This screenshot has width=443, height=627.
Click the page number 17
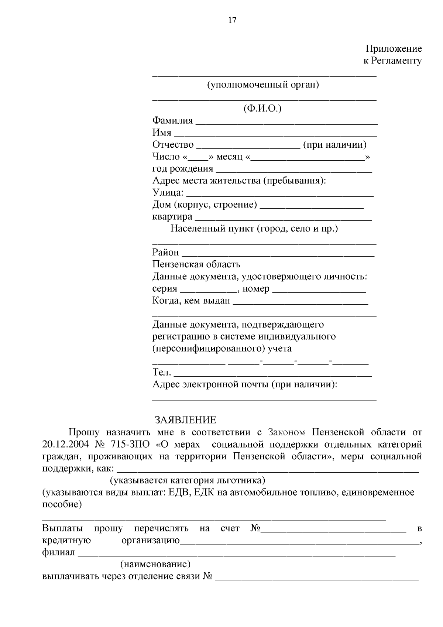point(232,20)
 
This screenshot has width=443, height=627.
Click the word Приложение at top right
point(394,49)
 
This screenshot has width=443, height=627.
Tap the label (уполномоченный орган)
point(263,85)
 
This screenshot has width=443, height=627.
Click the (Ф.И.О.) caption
point(262,109)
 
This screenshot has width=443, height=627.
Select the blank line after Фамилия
point(286,122)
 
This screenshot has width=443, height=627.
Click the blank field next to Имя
point(275,134)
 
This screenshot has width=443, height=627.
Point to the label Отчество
point(173,145)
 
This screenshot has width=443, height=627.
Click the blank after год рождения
point(293,170)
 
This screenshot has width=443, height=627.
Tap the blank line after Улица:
point(279,194)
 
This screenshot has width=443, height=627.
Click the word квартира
point(172,217)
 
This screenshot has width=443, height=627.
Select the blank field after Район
point(278,254)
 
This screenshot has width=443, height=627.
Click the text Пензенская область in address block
point(196,264)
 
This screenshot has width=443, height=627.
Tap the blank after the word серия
point(208,290)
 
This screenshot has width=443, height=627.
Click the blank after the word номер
point(319,290)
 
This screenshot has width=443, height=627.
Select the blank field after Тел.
point(272,374)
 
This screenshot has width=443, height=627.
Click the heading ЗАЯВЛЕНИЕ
point(185,420)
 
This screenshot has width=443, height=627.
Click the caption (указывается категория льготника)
point(188,480)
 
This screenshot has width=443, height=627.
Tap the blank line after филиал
point(236,554)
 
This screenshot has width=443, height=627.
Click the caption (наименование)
point(155,565)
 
